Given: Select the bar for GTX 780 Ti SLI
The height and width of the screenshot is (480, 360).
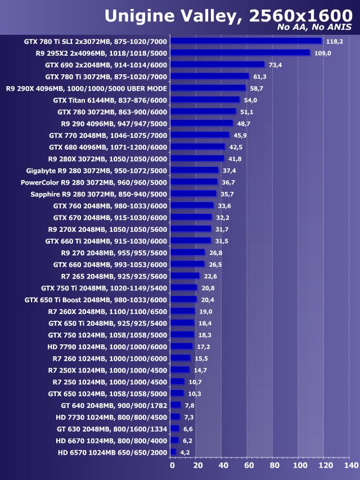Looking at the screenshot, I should [x=246, y=41].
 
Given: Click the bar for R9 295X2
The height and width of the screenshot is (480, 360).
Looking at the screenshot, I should [x=240, y=53].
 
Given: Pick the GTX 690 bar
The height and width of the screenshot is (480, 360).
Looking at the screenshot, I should [x=217, y=65].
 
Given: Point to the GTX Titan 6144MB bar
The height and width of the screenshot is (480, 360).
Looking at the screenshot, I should [x=205, y=100].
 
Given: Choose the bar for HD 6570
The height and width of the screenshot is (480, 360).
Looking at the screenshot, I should [x=173, y=452].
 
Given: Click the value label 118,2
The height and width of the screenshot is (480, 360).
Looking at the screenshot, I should [x=334, y=41].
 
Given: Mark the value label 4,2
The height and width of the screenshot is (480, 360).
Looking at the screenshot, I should [x=184, y=452].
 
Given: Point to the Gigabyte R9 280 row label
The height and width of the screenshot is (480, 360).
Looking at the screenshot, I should [x=97, y=171].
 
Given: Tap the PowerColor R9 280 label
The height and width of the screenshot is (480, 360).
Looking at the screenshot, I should [x=94, y=182].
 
